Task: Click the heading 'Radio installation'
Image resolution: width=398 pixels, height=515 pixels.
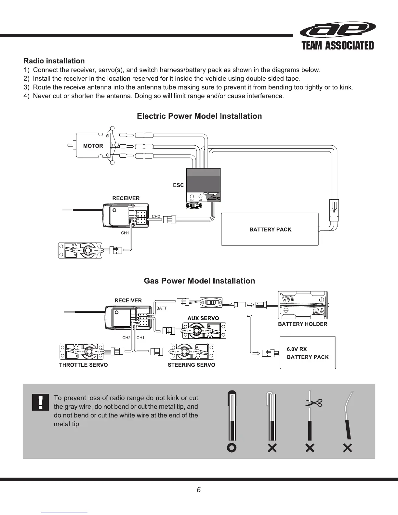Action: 54,61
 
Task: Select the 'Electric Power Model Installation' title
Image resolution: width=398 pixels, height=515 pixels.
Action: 199,116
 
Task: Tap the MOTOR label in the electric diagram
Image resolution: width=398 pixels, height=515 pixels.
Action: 93,146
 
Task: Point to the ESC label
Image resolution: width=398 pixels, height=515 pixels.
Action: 178,185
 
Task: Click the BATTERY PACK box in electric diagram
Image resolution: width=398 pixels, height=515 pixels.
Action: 270,230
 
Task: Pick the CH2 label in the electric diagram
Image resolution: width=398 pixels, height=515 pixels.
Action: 156,217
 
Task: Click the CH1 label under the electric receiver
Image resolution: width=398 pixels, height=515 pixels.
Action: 125,233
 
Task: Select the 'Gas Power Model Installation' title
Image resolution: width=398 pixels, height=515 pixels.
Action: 199,281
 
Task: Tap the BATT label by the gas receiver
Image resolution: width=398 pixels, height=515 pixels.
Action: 161,308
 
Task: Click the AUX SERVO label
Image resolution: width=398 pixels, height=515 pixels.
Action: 203,318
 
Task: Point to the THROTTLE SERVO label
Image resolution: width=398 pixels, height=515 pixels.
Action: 83,365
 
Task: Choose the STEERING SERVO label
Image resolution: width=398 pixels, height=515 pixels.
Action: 191,365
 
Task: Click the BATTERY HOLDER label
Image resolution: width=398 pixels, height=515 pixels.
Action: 302,324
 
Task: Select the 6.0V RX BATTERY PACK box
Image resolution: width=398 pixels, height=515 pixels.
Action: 308,353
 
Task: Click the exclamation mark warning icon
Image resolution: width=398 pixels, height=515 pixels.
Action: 40,402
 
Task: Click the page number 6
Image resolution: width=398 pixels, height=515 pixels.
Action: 199,490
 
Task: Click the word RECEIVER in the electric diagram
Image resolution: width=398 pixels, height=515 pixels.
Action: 126,198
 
